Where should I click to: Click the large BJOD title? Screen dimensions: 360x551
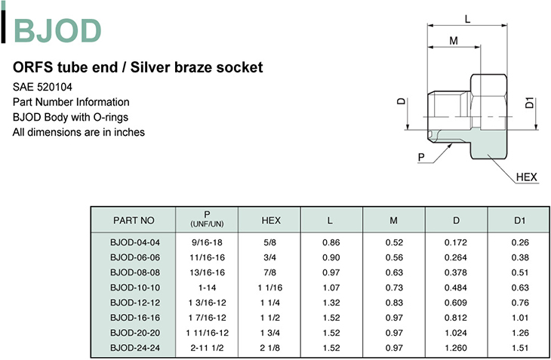click(57, 31)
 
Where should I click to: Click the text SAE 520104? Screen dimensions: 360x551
click(43, 86)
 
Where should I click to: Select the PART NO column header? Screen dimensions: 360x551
click(134, 220)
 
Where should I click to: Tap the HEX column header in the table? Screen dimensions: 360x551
click(270, 220)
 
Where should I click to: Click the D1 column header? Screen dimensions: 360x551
click(519, 220)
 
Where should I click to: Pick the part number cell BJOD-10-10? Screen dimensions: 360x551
click(134, 288)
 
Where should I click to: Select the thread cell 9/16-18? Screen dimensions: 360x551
click(207, 242)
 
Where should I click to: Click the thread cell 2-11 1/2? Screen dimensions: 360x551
click(207, 348)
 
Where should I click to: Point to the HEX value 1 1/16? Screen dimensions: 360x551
click(270, 288)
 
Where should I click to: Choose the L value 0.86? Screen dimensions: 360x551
click(330, 242)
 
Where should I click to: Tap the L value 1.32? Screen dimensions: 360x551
click(330, 303)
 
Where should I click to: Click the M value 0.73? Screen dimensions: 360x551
click(393, 288)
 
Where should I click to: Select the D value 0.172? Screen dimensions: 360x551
click(456, 242)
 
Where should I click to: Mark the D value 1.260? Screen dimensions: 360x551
click(456, 348)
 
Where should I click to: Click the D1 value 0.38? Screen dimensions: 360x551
click(519, 257)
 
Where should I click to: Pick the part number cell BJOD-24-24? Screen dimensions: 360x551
click(134, 348)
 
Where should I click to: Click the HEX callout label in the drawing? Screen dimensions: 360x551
click(526, 177)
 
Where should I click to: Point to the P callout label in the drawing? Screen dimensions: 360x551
click(421, 156)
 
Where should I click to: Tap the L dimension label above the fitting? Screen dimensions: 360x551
click(467, 19)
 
